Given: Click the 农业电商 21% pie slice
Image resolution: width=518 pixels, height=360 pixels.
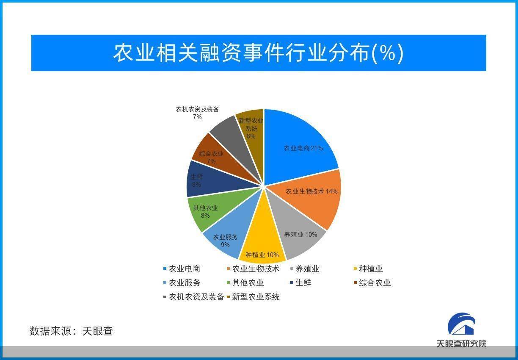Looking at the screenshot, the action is pyautogui.click(x=298, y=148).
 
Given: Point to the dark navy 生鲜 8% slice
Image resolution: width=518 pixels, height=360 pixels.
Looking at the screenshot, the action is pyautogui.click(x=204, y=180).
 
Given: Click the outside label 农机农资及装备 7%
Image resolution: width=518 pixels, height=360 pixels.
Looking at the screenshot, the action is pyautogui.click(x=197, y=113).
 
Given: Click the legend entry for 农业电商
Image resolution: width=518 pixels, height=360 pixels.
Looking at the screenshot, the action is pyautogui.click(x=182, y=269).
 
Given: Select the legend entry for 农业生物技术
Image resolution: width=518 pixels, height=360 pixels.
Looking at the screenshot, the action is pyautogui.click(x=253, y=269).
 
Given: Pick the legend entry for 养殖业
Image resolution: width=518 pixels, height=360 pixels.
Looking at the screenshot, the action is pyautogui.click(x=305, y=269).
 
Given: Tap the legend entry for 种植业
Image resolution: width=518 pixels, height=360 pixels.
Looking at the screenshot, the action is pyautogui.click(x=368, y=269).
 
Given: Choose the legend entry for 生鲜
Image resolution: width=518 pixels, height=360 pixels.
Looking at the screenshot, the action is pyautogui.click(x=301, y=283).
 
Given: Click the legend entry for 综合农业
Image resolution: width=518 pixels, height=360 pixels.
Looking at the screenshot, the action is pyautogui.click(x=372, y=283).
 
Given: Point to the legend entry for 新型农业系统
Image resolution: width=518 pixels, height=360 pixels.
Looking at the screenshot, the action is pyautogui.click(x=253, y=296).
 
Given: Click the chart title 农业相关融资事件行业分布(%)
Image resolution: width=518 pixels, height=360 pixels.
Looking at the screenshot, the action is pyautogui.click(x=258, y=53).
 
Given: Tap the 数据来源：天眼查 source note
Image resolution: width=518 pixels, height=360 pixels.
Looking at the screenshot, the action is pyautogui.click(x=71, y=331).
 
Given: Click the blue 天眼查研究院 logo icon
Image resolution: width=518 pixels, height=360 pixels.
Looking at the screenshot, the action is pyautogui.click(x=461, y=324).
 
